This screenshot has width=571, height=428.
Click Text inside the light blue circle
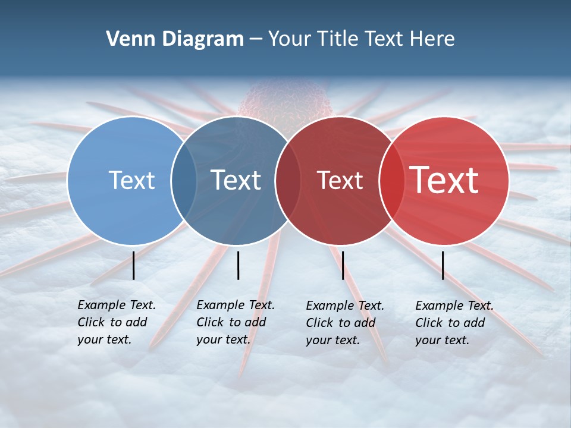pyautogui.click(x=131, y=180)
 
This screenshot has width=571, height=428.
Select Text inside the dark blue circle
pyautogui.click(x=236, y=180)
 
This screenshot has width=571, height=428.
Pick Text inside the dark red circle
pyautogui.click(x=340, y=180)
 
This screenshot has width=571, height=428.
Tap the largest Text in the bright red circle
pyautogui.click(x=444, y=180)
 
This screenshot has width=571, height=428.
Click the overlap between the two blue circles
pyautogui.click(x=184, y=180)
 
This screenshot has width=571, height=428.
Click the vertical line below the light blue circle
pyautogui.click(x=134, y=265)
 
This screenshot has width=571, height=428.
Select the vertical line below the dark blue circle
pyautogui.click(x=238, y=265)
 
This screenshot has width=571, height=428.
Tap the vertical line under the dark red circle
pyautogui.click(x=343, y=265)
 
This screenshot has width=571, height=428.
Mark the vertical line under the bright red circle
pyautogui.click(x=443, y=265)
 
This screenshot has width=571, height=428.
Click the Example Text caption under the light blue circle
pyautogui.click(x=116, y=322)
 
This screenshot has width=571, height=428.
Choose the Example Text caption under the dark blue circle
pyautogui.click(x=235, y=322)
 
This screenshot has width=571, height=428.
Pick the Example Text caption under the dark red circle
pyautogui.click(x=344, y=323)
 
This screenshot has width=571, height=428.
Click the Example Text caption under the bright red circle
pyautogui.click(x=454, y=323)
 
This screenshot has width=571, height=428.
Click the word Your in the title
pyautogui.click(x=289, y=39)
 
